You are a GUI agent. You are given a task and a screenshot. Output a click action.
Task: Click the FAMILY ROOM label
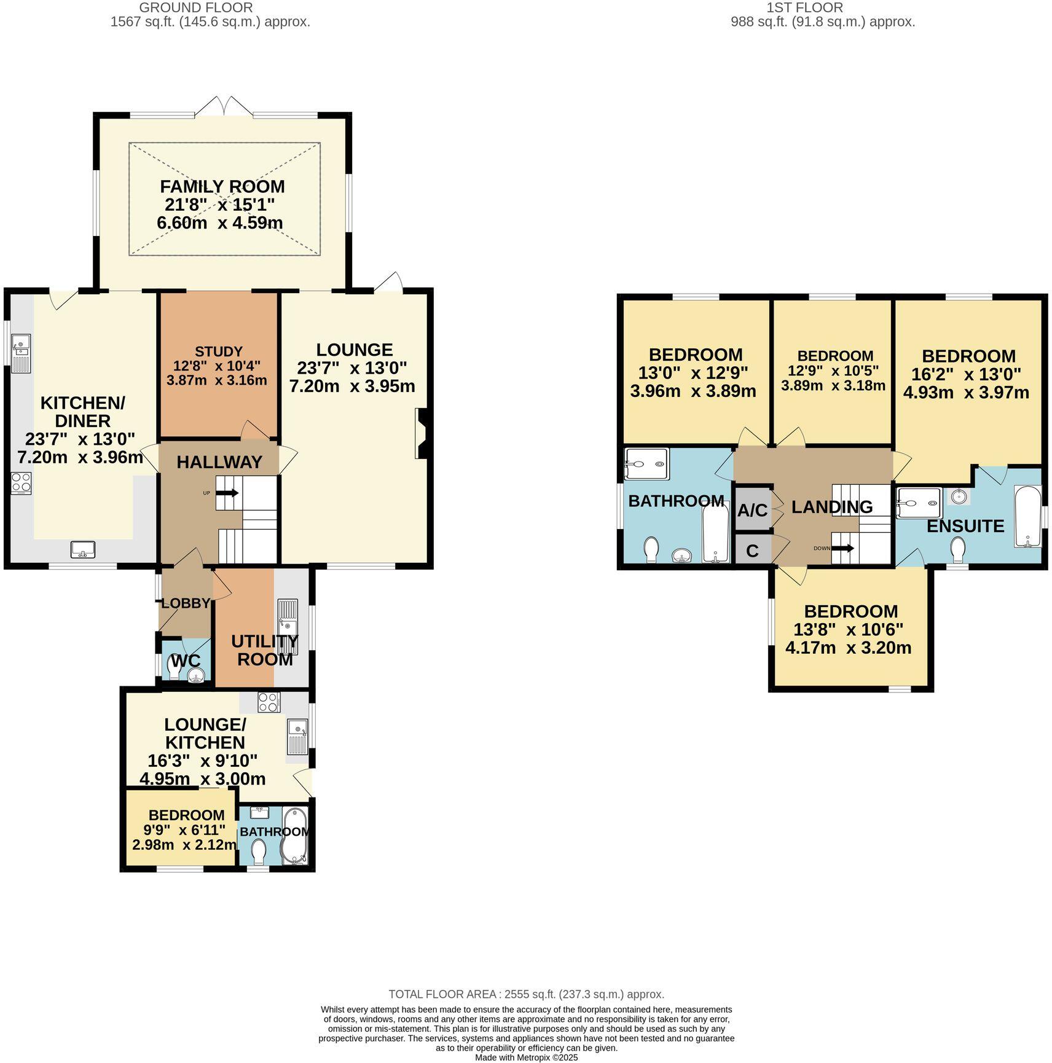[222, 186]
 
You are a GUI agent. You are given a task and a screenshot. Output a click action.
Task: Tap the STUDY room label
[218, 351]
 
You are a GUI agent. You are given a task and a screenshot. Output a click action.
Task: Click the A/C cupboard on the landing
[752, 509]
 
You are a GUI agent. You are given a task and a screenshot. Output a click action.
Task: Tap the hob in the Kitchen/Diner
[21, 483]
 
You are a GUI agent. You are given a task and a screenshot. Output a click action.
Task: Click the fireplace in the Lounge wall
[422, 434]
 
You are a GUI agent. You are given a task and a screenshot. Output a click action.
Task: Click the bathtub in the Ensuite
[1028, 517]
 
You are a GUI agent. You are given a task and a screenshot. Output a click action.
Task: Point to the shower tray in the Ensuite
[919, 503]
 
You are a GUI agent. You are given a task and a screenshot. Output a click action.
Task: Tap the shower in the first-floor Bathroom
[646, 464]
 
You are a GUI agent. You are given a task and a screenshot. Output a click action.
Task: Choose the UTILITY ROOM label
[264, 650]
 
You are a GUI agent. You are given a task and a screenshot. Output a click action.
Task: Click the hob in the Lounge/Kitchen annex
[269, 702]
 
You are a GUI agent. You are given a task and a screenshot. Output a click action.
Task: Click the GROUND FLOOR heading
[195, 8]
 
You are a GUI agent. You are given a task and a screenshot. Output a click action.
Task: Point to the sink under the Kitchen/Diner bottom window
[82, 549]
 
